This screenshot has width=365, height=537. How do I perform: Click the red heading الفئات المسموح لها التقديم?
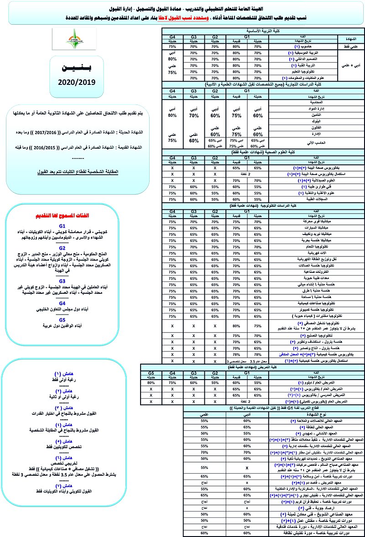tap(75, 214)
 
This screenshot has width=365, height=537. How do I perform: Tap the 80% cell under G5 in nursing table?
tap(148, 382)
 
